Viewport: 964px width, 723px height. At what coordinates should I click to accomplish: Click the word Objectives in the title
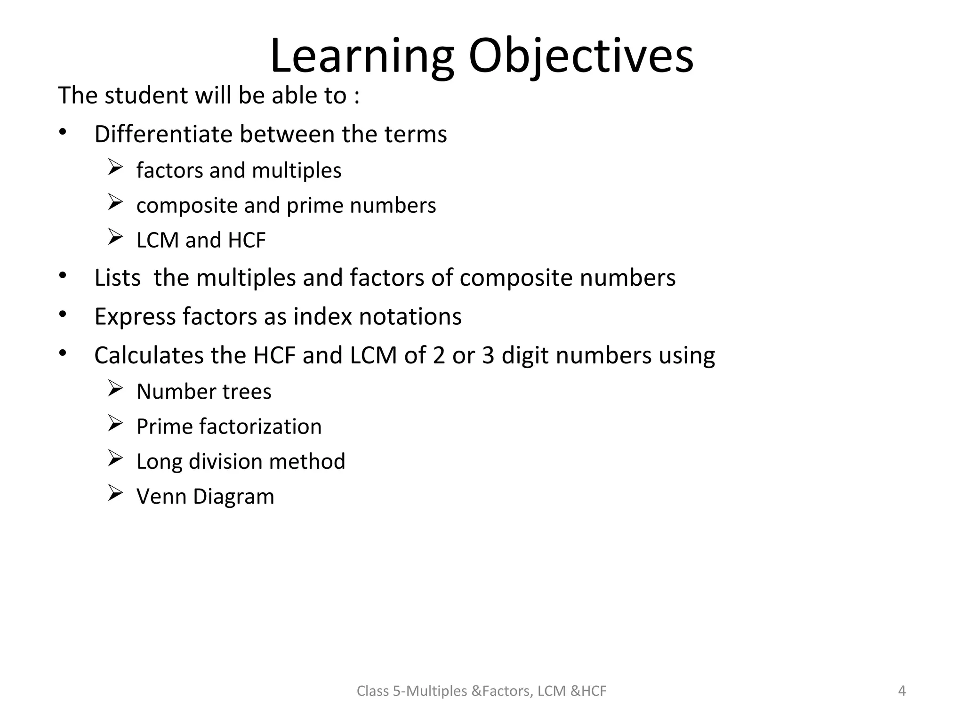[581, 57]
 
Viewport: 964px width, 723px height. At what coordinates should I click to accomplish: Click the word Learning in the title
[362, 57]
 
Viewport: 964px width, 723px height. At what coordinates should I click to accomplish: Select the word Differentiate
[163, 134]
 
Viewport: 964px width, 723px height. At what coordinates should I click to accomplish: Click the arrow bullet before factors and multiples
[115, 168]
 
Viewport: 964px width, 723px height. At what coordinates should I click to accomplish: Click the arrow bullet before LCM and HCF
[115, 237]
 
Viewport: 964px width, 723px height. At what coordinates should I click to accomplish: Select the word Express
[135, 316]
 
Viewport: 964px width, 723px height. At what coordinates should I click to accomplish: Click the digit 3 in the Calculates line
[488, 355]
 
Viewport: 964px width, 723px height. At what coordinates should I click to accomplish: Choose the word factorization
[260, 426]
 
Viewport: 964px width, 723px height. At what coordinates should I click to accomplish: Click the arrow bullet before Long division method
[115, 458]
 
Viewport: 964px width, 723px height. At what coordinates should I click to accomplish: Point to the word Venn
[161, 497]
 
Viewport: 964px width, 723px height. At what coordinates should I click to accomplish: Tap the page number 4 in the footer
[902, 691]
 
